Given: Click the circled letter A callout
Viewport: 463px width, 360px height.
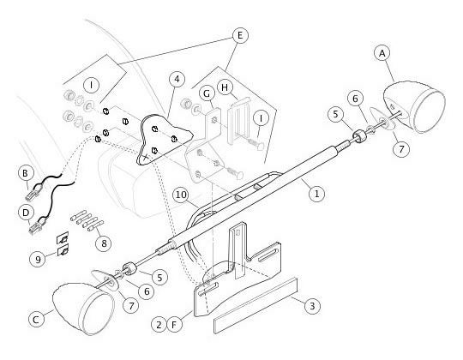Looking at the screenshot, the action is tap(382, 54).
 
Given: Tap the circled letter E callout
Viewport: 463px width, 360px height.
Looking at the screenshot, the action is tap(240, 36).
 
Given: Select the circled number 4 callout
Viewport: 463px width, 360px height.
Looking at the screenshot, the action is tap(177, 79).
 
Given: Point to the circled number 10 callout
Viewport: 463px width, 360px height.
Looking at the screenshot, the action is tap(181, 195).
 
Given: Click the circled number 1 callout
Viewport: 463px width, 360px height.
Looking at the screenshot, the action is tap(316, 194).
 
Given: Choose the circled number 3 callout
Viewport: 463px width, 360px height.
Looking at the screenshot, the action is tap(312, 306).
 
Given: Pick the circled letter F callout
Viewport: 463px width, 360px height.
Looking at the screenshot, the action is tap(174, 325).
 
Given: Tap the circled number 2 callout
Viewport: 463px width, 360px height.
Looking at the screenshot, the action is tap(159, 325).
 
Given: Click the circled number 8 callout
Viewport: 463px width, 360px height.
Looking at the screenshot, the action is tap(104, 243).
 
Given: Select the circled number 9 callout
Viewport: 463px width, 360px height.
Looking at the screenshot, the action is tap(38, 259).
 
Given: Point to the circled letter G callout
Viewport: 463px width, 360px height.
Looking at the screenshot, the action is tap(207, 93).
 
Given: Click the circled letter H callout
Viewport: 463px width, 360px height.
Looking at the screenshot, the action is tap(225, 87).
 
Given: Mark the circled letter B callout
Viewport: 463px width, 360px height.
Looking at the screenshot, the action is tap(26, 173).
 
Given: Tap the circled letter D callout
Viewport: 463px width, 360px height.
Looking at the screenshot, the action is tap(26, 213).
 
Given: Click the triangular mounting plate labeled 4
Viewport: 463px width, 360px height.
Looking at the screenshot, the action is tap(163, 139).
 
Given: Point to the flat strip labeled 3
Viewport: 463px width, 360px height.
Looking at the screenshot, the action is tap(256, 305).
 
